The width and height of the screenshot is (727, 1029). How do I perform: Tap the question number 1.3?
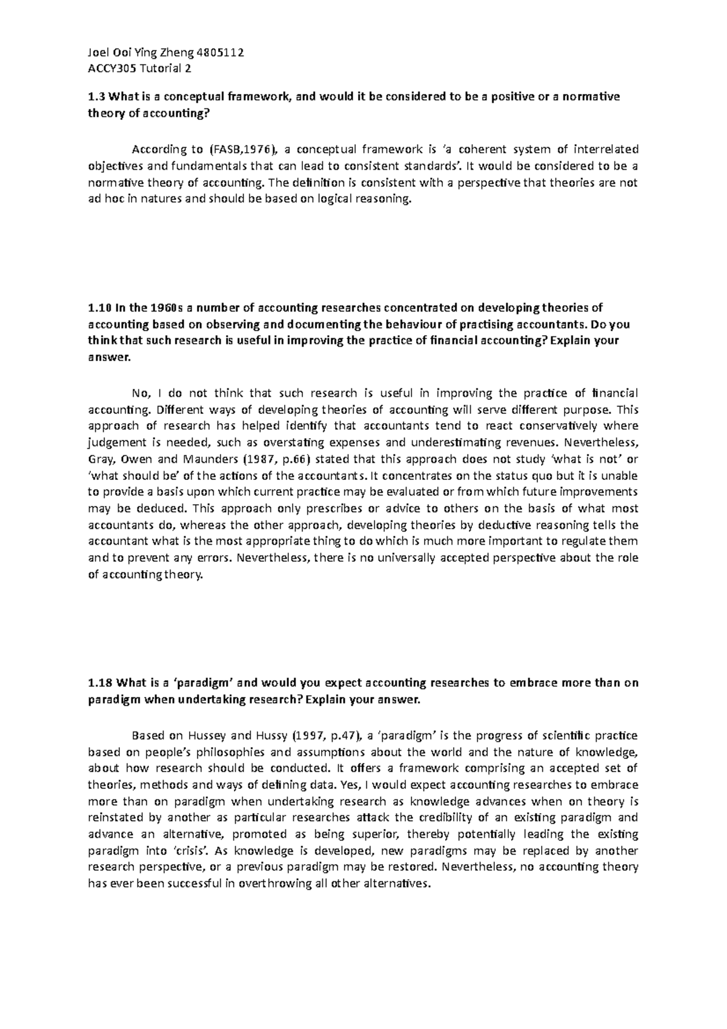[x=96, y=97]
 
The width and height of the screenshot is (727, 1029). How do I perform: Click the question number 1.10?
[x=99, y=308]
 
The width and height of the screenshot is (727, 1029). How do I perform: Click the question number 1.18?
[x=99, y=683]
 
